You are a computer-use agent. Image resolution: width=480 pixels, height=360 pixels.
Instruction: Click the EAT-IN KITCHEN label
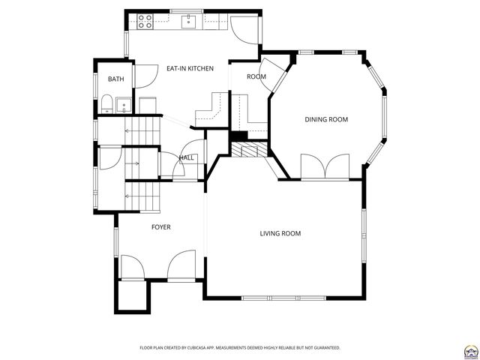[190, 68]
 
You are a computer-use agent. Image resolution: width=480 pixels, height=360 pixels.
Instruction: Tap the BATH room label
[115, 79]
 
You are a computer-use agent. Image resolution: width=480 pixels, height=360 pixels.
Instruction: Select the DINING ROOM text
[325, 119]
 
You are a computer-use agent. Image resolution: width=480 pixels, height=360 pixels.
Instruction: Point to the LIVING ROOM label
[280, 234]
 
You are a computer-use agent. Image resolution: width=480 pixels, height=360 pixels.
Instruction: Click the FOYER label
[160, 226]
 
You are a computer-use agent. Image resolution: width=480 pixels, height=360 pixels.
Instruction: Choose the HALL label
[186, 157]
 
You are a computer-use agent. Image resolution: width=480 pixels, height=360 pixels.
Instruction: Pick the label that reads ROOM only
[256, 76]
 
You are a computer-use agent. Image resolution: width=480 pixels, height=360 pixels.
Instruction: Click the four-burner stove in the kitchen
[145, 22]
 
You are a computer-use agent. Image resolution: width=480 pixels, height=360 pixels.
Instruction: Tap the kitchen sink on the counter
[188, 22]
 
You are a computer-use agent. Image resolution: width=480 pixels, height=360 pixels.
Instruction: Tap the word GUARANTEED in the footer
[324, 348]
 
